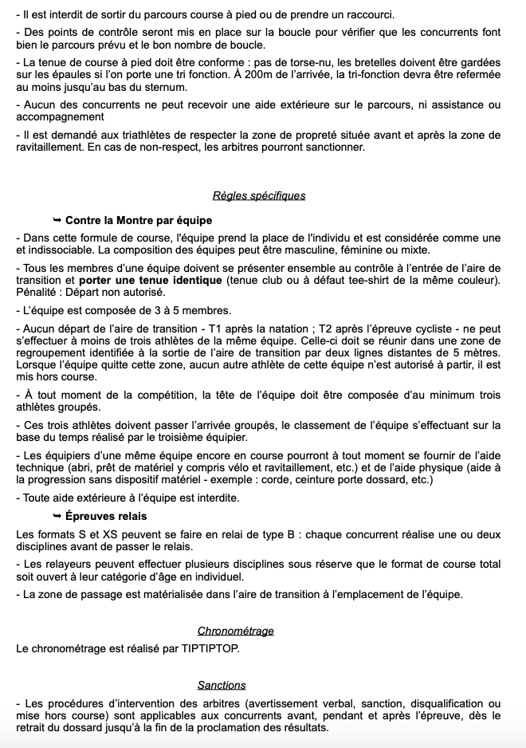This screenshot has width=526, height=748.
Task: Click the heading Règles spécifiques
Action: pos(259,195)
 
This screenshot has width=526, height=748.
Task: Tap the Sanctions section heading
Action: pos(222,685)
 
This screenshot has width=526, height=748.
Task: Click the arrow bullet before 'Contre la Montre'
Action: pos(57,220)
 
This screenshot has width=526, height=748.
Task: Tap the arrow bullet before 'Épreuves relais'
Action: pos(57,516)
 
